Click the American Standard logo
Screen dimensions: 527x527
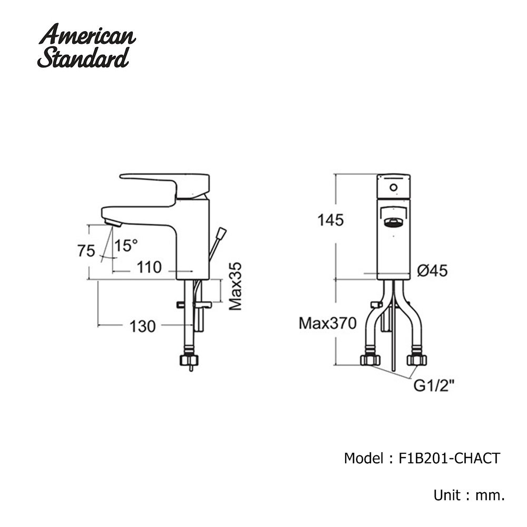pyautogui.click(x=87, y=46)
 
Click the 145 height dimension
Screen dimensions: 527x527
pyautogui.click(x=331, y=220)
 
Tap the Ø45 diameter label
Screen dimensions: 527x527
pyautogui.click(x=432, y=270)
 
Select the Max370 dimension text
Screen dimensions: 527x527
pyautogui.click(x=327, y=324)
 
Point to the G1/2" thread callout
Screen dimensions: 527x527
pyautogui.click(x=434, y=386)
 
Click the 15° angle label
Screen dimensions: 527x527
pyautogui.click(x=126, y=246)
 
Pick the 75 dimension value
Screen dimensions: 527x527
pyautogui.click(x=86, y=251)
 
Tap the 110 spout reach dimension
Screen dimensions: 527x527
pyautogui.click(x=149, y=267)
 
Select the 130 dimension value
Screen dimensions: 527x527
pyautogui.click(x=142, y=326)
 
